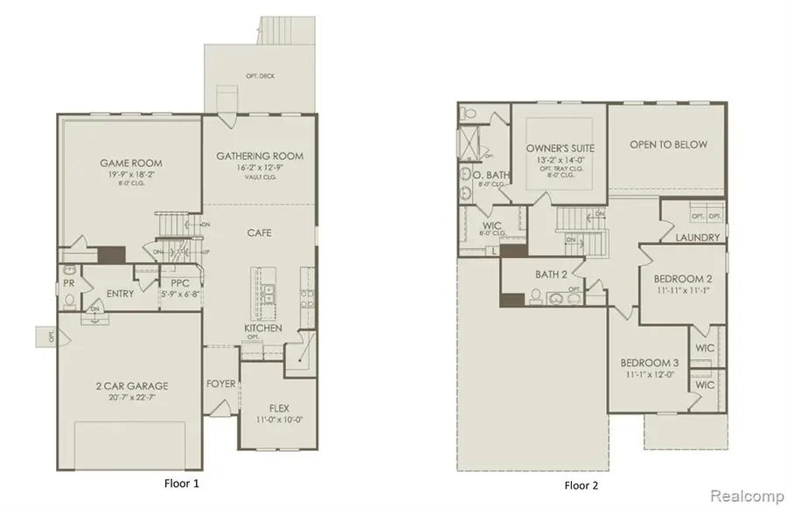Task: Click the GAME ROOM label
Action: pos(130,163)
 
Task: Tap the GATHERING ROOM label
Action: pos(260,156)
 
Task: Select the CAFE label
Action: pos(259,233)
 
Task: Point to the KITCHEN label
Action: pos(262,328)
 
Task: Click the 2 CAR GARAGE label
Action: pos(131,385)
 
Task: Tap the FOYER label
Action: pos(220,384)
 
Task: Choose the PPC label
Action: pos(181,283)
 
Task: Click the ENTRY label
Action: pos(119,294)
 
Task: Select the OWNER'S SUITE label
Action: pos(559,149)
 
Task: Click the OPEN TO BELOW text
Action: pos(668,144)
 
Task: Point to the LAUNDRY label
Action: pos(698,238)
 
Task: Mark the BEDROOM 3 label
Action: pos(650,363)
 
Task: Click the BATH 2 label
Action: pos(553,274)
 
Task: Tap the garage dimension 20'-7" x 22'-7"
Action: pos(131,399)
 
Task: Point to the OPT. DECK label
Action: pos(260,76)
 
